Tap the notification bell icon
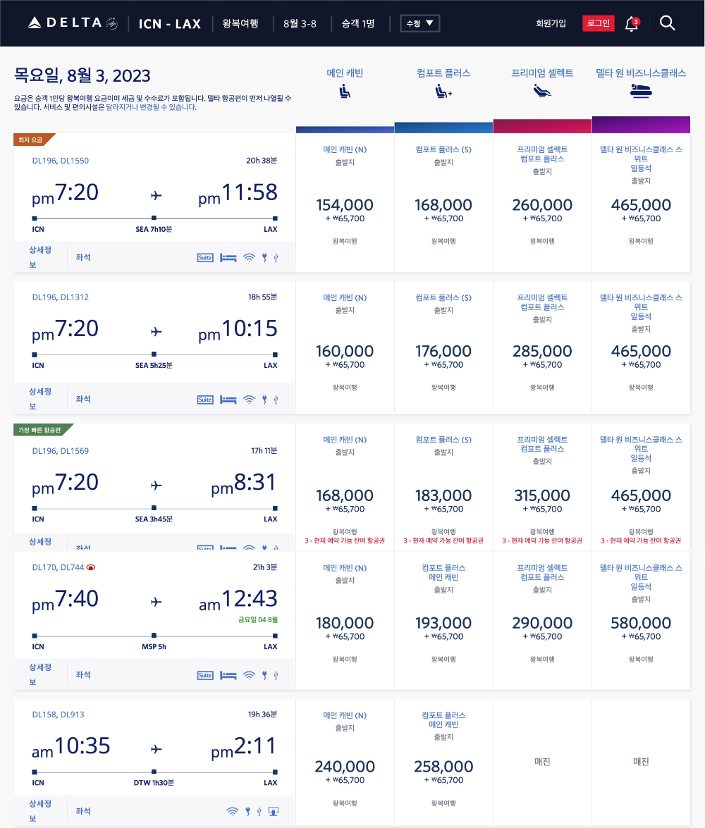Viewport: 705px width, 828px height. (631, 24)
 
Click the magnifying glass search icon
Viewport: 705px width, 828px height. (667, 23)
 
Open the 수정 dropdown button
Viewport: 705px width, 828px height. (419, 23)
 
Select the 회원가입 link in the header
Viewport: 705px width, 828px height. (551, 23)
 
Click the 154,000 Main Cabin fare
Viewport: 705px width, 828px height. (345, 205)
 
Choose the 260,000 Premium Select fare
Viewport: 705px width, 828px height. (542, 205)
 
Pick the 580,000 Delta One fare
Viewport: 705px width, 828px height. (641, 623)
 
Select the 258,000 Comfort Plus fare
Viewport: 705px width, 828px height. (443, 767)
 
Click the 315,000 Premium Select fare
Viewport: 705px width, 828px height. (542, 495)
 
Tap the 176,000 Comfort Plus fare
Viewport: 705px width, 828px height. (443, 351)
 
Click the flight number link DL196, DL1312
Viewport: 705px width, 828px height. (61, 297)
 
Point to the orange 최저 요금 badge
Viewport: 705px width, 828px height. (31, 140)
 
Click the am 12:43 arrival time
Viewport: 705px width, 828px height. (238, 599)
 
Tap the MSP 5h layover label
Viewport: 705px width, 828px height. (154, 646)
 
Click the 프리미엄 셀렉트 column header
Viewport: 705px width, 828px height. (542, 73)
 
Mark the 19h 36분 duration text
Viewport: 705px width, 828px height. (262, 715)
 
